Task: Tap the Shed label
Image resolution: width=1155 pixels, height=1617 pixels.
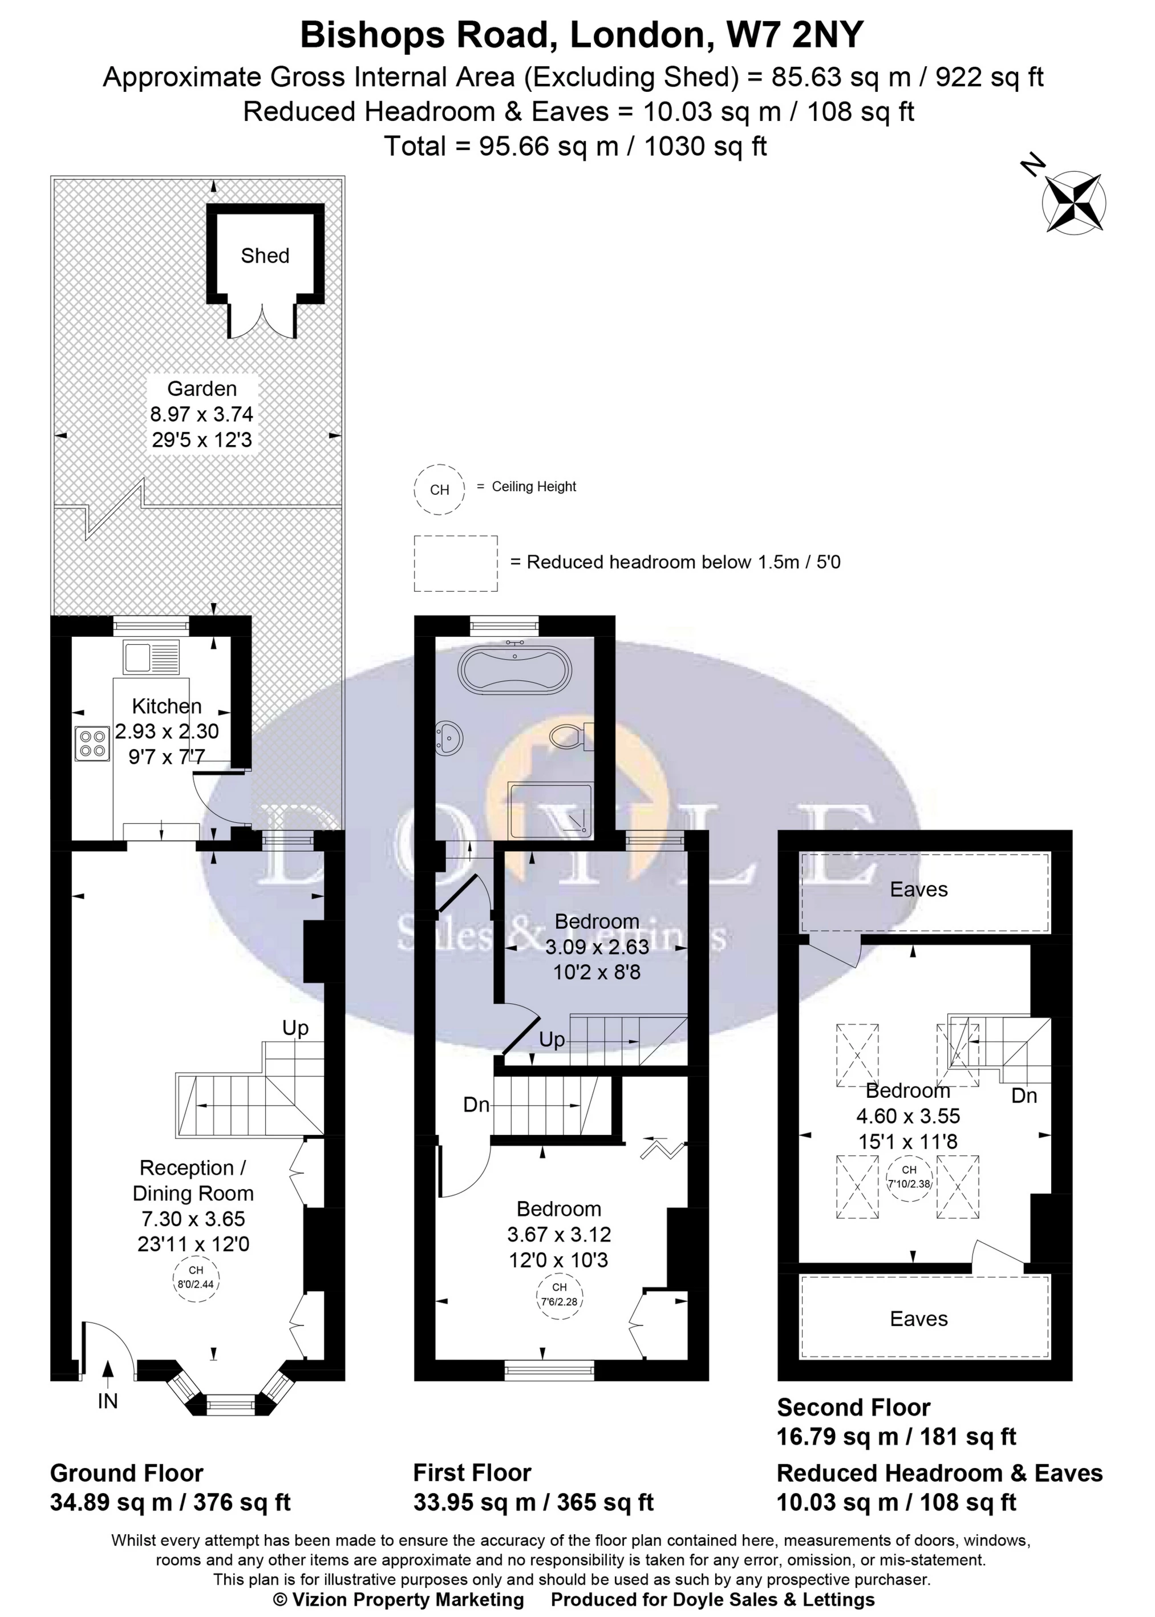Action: (x=265, y=256)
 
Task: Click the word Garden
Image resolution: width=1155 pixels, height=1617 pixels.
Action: (x=202, y=389)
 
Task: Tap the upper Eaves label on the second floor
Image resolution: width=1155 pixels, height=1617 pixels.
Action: (x=919, y=890)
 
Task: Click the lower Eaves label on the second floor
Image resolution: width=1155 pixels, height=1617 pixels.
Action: (x=919, y=1319)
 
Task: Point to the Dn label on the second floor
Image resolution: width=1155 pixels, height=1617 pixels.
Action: (x=1024, y=1095)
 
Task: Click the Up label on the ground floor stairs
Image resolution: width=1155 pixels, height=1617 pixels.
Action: (x=296, y=1029)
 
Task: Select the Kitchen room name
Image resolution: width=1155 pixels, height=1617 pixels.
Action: (x=167, y=706)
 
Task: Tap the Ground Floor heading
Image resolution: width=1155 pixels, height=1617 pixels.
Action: (x=127, y=1473)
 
